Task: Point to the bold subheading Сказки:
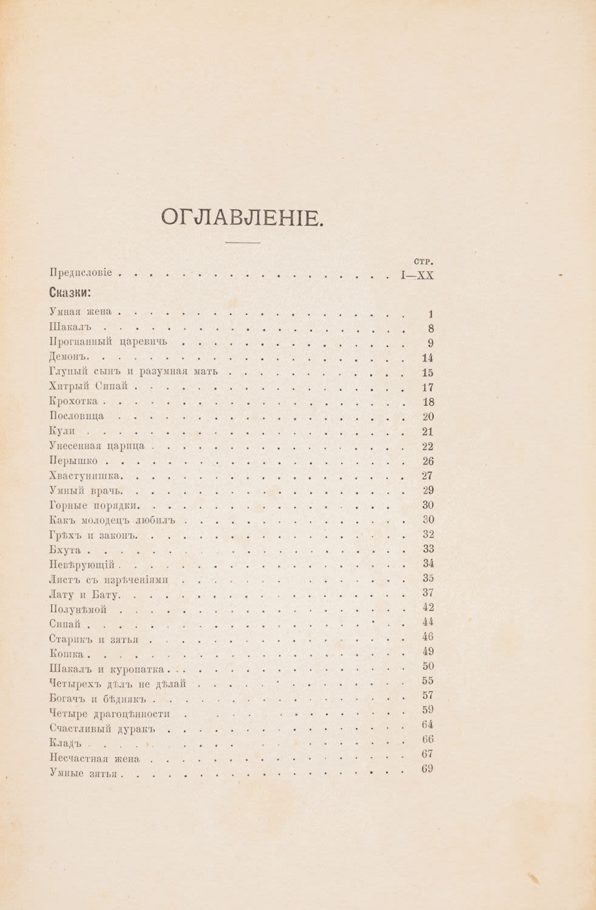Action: coord(69,293)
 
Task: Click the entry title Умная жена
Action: coord(80,312)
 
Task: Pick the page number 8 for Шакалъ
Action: coord(430,329)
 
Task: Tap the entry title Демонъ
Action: coord(69,357)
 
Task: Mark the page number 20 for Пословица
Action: coord(427,417)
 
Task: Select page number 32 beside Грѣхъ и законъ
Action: coord(427,534)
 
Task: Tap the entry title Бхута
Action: coord(64,550)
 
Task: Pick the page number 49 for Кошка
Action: coord(427,651)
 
